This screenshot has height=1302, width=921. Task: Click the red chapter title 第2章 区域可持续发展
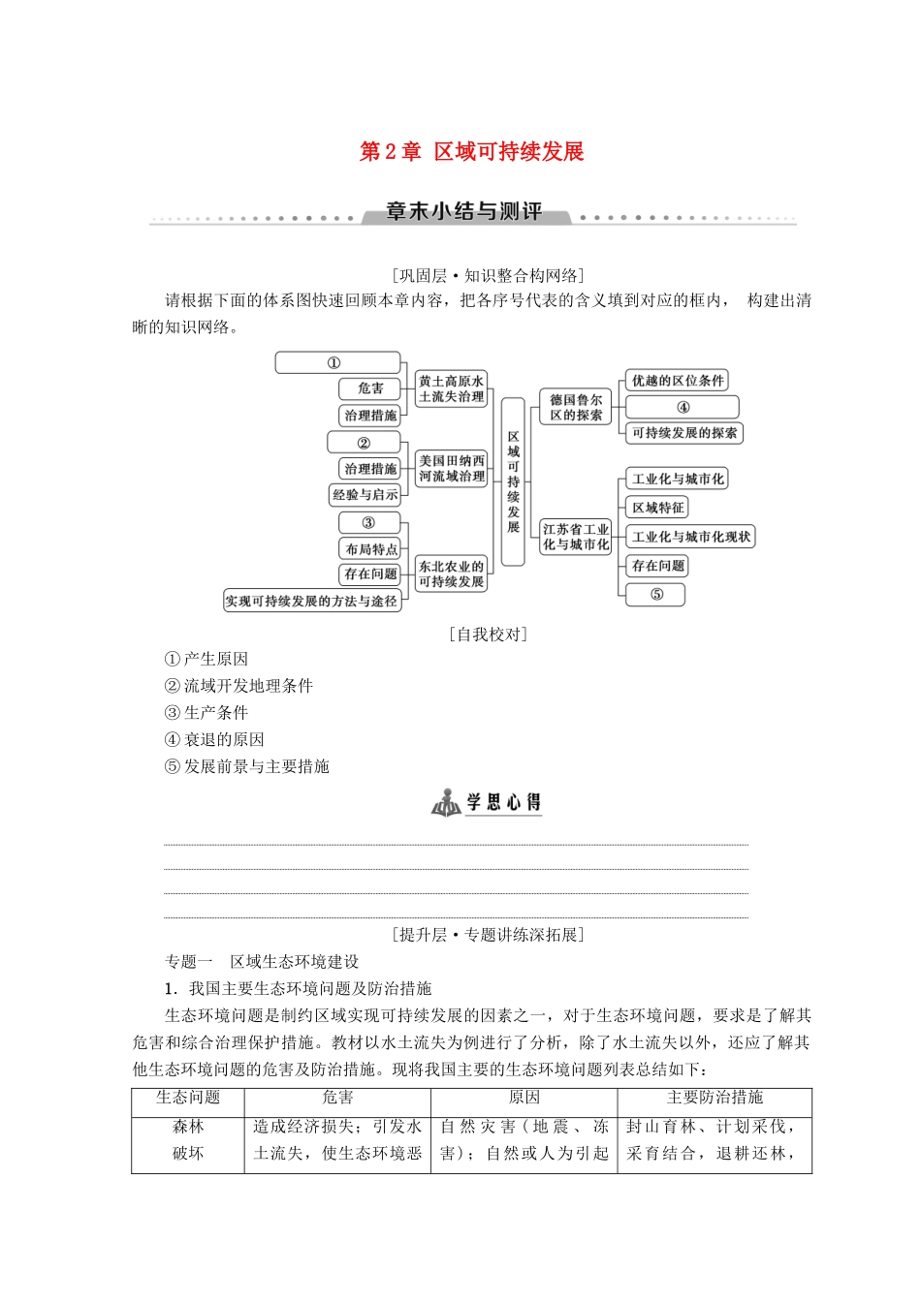pyautogui.click(x=472, y=152)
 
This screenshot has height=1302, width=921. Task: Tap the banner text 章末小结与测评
pyautogui.click(x=463, y=212)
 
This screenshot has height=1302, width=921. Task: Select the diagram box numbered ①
pyautogui.click(x=337, y=363)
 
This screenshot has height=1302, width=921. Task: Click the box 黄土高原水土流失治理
pyautogui.click(x=451, y=388)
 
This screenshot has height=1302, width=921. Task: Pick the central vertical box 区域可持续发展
pyautogui.click(x=513, y=481)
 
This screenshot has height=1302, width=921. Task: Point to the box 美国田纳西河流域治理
pyautogui.click(x=451, y=468)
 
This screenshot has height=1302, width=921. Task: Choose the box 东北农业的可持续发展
pyautogui.click(x=451, y=573)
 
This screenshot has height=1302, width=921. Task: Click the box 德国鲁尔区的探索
pyautogui.click(x=576, y=407)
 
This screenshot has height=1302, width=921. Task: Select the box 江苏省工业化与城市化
pyautogui.click(x=576, y=537)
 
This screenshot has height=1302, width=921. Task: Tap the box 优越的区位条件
pyautogui.click(x=677, y=381)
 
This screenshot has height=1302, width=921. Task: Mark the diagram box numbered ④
pyautogui.click(x=683, y=407)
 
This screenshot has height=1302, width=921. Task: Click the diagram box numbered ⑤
pyautogui.click(x=656, y=594)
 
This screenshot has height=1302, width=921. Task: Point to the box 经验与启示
pyautogui.click(x=365, y=494)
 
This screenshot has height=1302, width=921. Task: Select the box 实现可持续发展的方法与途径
pyautogui.click(x=311, y=601)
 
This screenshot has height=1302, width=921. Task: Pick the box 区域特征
pyautogui.click(x=657, y=507)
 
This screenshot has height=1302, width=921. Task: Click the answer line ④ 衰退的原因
pyautogui.click(x=214, y=740)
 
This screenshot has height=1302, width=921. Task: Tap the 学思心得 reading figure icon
pyautogui.click(x=446, y=802)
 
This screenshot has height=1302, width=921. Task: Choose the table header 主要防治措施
pyautogui.click(x=715, y=1099)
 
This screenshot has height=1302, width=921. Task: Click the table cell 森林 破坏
pyautogui.click(x=188, y=1140)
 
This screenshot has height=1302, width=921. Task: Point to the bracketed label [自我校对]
pyautogui.click(x=489, y=635)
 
